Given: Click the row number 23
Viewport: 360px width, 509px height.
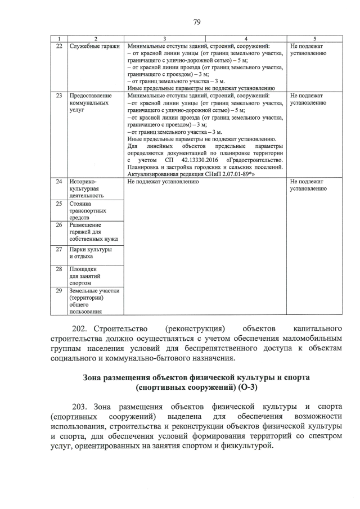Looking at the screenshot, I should point(58,96).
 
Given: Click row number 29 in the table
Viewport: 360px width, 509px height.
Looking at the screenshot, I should point(58,291).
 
